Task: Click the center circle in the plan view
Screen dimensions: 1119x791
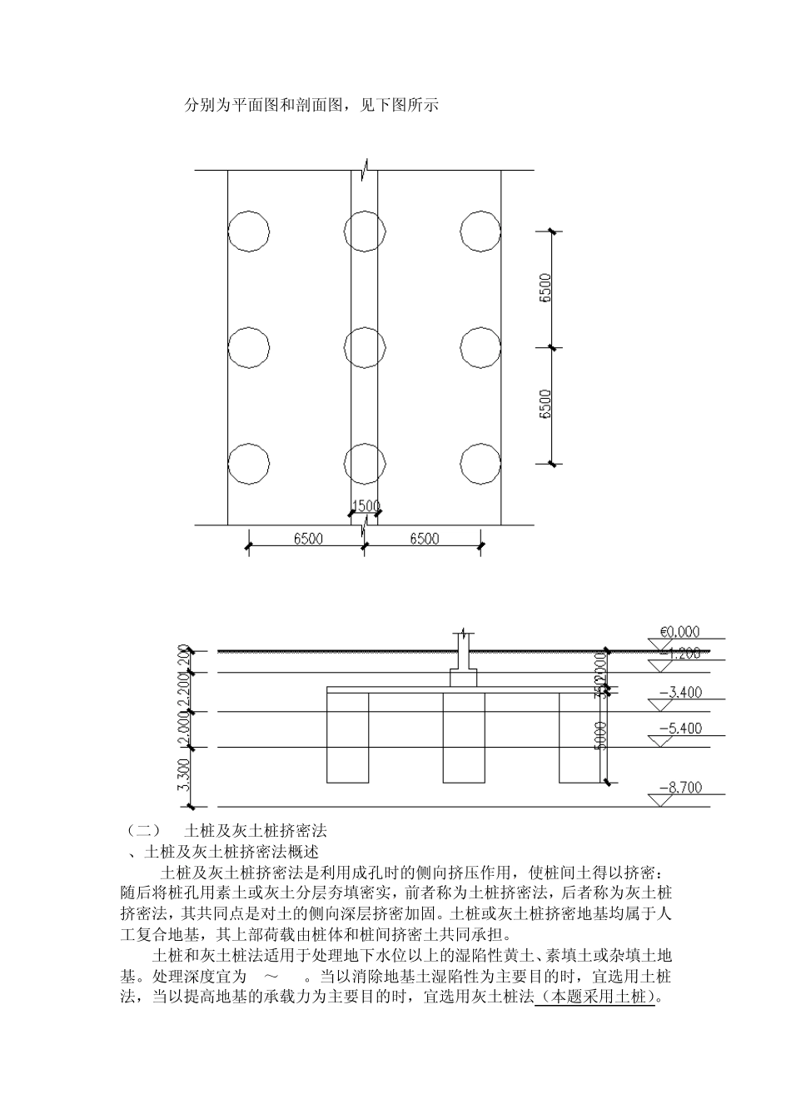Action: pos(364,347)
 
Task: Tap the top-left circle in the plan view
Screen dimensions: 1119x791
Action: pos(248,231)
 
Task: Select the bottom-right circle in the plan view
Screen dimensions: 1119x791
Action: pos(480,464)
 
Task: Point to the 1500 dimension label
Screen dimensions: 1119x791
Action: pos(366,505)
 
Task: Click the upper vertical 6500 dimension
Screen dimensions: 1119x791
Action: pos(545,288)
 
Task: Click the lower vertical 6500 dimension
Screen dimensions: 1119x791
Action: pos(545,405)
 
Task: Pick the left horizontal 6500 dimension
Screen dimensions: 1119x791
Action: pos(307,539)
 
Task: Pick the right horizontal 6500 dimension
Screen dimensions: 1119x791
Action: pos(424,539)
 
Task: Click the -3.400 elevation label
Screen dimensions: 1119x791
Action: pos(680,692)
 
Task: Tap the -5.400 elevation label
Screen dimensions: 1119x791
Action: pos(680,729)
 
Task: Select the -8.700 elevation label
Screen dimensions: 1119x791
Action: pos(680,787)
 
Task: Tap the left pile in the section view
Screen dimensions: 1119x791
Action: pos(347,738)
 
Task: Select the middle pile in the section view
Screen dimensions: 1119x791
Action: pos(464,738)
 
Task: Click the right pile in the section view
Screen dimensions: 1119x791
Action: pos(580,738)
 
